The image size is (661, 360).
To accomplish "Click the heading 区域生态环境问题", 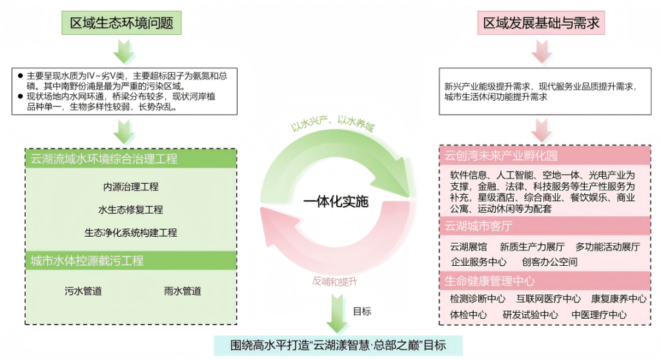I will click(x=121, y=23).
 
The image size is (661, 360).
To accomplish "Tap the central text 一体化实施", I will click(x=336, y=202).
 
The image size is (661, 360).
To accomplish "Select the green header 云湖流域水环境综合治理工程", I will click(x=104, y=159).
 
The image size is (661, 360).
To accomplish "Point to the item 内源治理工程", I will click(x=131, y=187).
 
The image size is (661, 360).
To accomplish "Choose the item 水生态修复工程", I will click(x=131, y=210).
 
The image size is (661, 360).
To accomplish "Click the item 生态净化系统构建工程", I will click(x=131, y=232).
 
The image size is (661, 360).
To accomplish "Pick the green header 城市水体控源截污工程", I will click(x=87, y=261).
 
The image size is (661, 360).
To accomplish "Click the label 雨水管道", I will click(x=183, y=291).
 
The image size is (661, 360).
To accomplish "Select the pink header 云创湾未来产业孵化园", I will click(x=501, y=156).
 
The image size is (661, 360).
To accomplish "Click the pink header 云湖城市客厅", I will click(x=478, y=226).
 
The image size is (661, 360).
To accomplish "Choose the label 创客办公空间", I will click(x=549, y=262).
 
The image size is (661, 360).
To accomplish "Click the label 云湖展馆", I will click(x=468, y=246).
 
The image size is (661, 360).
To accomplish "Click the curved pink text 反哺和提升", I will click(x=335, y=281).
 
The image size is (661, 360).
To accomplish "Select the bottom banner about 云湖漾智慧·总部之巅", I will click(x=338, y=345).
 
